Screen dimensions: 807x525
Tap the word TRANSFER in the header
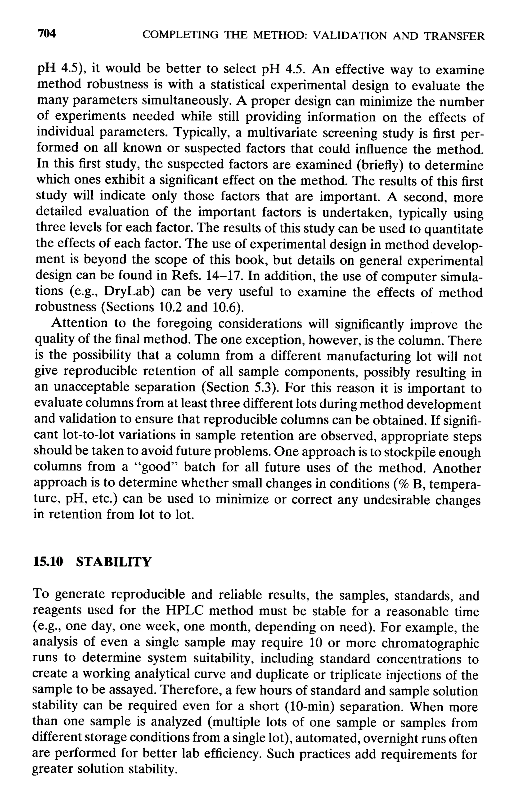point(454,36)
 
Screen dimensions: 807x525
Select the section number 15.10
point(48,562)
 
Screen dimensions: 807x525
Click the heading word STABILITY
point(114,562)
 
